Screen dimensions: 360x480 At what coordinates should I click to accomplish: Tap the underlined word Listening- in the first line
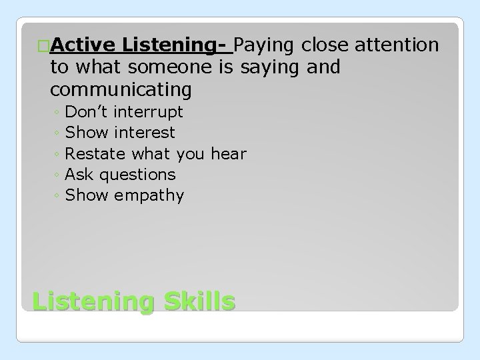point(177,45)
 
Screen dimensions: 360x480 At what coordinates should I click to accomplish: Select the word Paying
point(265,45)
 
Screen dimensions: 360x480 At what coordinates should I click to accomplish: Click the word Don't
point(89,111)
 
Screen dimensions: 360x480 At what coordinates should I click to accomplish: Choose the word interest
point(145,133)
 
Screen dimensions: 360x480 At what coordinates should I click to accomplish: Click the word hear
point(228,154)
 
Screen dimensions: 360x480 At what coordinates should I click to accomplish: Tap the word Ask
point(79,175)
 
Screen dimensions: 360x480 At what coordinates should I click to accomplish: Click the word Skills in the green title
point(197,301)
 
